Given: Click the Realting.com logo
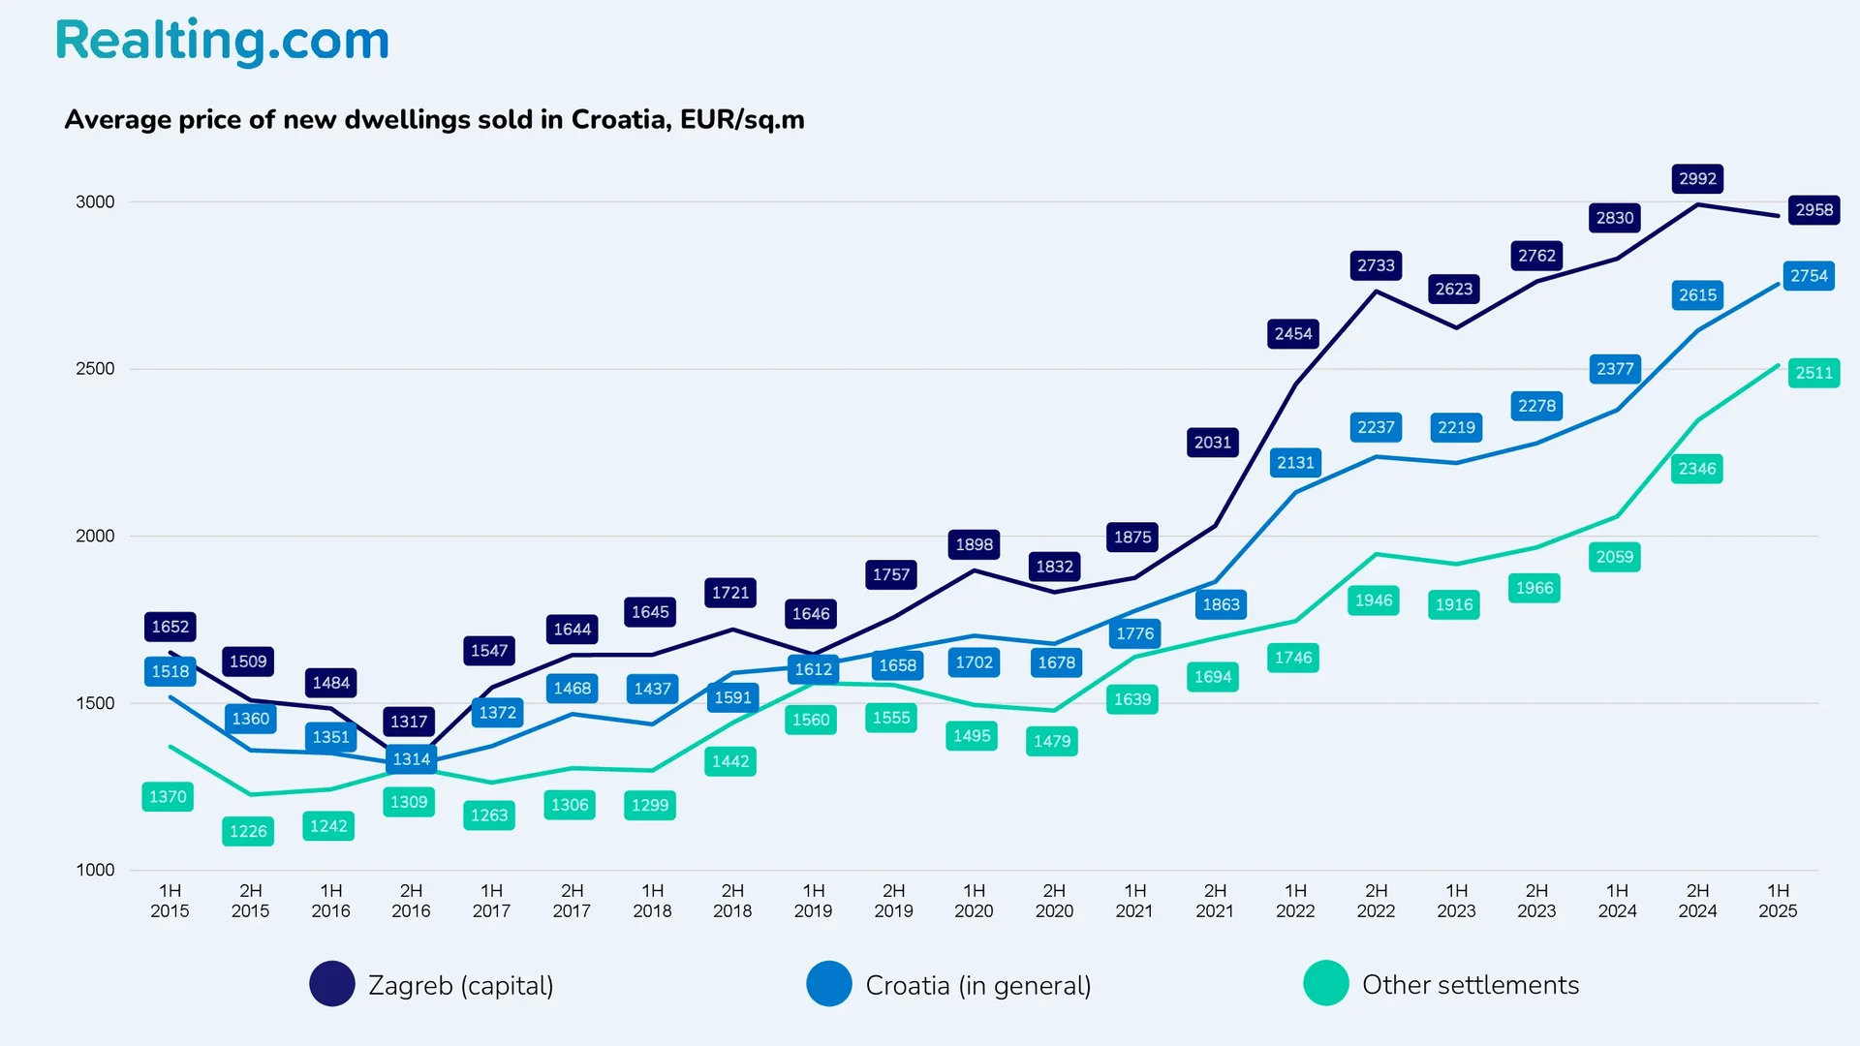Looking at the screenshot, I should click(222, 41).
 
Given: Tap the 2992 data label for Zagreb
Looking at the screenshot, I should click(1697, 179).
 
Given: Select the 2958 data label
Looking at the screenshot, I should click(1813, 210).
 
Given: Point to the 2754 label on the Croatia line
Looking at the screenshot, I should click(1809, 276).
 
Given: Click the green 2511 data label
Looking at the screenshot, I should click(1813, 373).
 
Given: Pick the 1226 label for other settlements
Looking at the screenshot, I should click(248, 831).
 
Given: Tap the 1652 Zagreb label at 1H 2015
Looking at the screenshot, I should click(170, 627).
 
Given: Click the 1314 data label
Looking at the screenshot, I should click(411, 759).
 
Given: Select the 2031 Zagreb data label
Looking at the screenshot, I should click(1212, 443).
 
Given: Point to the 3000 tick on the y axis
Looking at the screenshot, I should click(95, 201).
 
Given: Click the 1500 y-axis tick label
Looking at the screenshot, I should click(95, 703).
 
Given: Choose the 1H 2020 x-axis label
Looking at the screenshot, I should click(974, 901).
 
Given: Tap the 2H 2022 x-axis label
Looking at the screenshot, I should click(1376, 901).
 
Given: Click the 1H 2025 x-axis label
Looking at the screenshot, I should click(1778, 901).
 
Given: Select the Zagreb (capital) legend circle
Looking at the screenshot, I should click(332, 984).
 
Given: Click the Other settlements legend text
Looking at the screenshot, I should click(1470, 985).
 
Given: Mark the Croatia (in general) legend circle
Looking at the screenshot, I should click(829, 984).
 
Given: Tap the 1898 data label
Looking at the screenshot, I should click(974, 544).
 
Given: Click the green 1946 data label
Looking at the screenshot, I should click(1374, 600).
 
